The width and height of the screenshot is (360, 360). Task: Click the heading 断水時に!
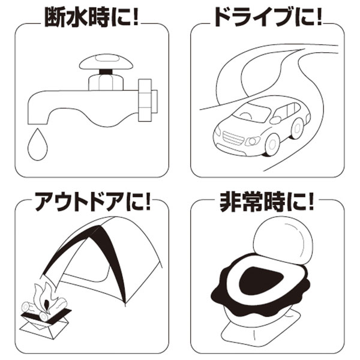pos(91,17)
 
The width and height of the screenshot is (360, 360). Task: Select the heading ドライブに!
pos(268,17)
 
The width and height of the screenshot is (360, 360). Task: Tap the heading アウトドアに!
pos(92,202)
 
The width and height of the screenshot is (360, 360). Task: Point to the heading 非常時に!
pos(267,202)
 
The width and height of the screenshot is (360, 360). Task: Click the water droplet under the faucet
pos(37,145)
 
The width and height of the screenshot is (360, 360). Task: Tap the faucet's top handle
pos(106,62)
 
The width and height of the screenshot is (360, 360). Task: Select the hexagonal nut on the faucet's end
pos(145,100)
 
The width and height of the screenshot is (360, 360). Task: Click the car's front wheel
pos(272,144)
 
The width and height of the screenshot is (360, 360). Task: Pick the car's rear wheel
pos(298,128)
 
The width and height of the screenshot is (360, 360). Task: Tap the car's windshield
pos(252,112)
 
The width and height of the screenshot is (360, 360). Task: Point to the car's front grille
pos(232,138)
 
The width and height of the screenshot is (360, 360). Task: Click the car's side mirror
pos(275,120)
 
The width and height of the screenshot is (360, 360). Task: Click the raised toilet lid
pos(283,241)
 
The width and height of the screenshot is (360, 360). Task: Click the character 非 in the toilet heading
pos(230,202)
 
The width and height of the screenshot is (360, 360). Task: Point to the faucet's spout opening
pos(38,124)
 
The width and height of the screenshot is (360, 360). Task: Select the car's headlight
pos(253,142)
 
